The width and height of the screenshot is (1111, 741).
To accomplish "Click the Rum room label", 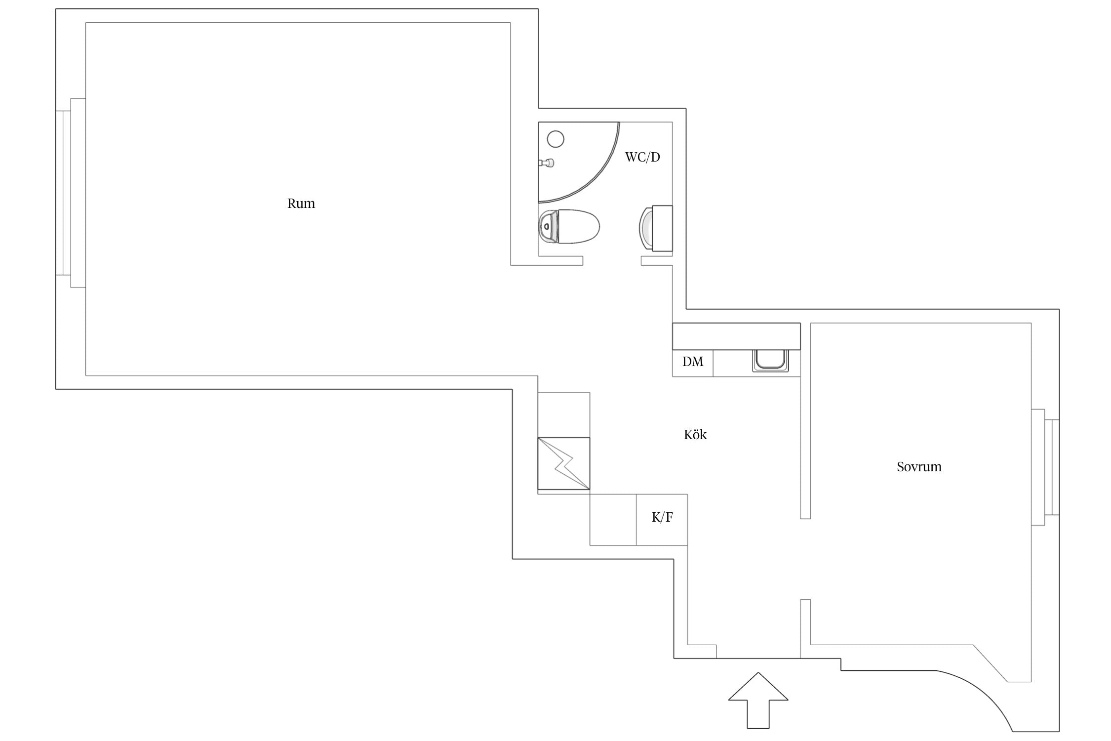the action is click(x=301, y=204).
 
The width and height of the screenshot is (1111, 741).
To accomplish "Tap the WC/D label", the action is click(x=642, y=157).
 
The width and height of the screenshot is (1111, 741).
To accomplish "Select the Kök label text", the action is click(x=695, y=435).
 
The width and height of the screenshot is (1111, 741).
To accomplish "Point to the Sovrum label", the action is click(x=919, y=467).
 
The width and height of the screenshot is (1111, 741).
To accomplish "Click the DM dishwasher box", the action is click(x=693, y=363).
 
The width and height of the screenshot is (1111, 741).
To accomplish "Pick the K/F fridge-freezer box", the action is click(x=662, y=520).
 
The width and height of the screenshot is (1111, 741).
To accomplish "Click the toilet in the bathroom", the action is click(x=569, y=227).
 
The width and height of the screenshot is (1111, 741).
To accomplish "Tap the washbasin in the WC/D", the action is click(x=656, y=228).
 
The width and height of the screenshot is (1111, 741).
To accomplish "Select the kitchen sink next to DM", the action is click(x=770, y=361).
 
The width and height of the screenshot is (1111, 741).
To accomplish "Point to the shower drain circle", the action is click(x=556, y=139).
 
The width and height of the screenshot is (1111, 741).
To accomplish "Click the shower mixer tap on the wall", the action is click(x=546, y=163).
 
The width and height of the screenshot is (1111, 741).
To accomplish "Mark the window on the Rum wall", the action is click(x=71, y=193).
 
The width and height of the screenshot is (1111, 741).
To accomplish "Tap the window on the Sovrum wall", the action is click(x=1045, y=467).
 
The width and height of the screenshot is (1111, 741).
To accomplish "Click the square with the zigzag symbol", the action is click(x=564, y=463).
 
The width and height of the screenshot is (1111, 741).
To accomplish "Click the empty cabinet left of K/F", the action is click(x=613, y=520).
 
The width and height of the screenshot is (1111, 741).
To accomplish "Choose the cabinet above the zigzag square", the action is click(x=564, y=415).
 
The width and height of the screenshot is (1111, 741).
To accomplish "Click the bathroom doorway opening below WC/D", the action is click(x=612, y=261).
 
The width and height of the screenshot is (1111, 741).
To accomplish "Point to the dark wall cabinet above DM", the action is click(x=736, y=336).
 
